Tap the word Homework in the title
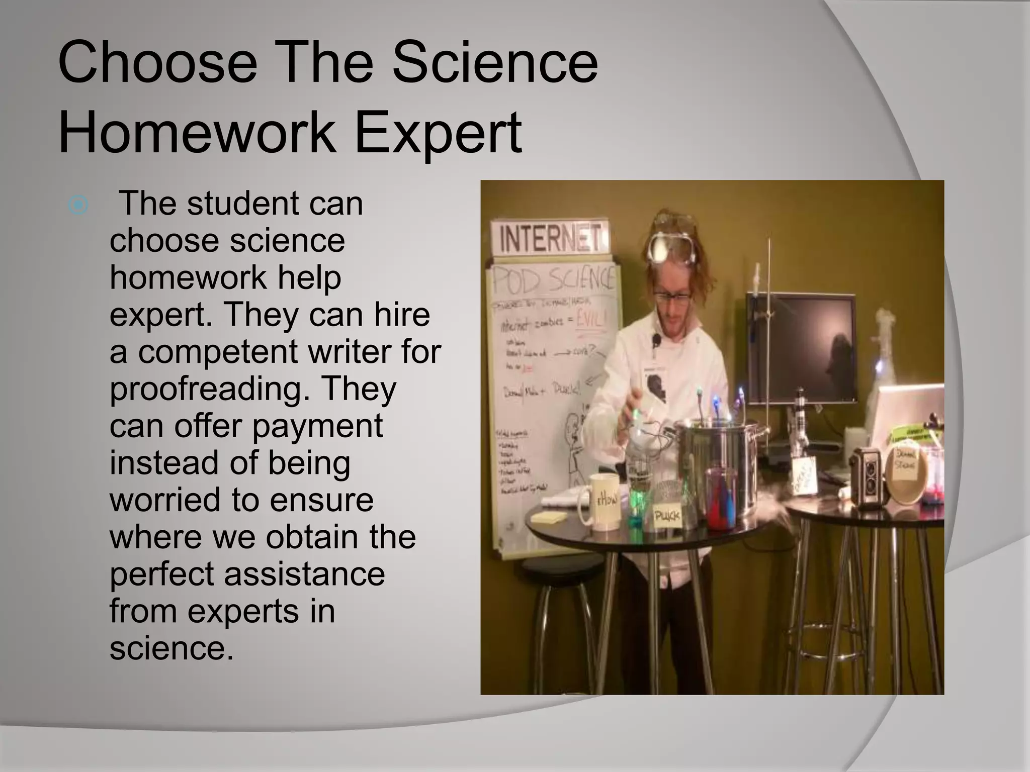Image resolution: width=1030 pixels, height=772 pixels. pos(197,133)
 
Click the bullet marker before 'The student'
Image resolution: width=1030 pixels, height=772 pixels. pos(78,205)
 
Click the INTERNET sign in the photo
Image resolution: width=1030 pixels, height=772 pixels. pos(551,239)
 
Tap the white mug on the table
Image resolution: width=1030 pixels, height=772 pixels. pos(600,500)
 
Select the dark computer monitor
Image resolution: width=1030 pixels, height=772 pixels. pos(801,347)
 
